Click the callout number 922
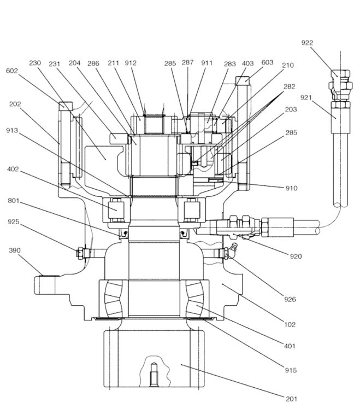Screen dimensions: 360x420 point(307,43)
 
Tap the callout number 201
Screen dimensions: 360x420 point(292,399)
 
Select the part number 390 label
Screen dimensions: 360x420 point(14,250)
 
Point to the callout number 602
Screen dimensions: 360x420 point(12,71)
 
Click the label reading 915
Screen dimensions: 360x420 point(291,370)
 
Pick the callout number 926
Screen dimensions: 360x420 point(290,299)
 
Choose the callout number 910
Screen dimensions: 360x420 point(292,188)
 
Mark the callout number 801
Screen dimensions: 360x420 point(14,201)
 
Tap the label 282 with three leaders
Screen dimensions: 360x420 point(290,86)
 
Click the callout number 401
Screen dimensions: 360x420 point(290,346)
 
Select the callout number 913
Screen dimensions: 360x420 point(12,131)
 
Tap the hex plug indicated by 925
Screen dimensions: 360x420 point(80,253)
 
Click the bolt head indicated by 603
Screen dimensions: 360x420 point(243,79)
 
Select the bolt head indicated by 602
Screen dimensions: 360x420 point(66,105)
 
